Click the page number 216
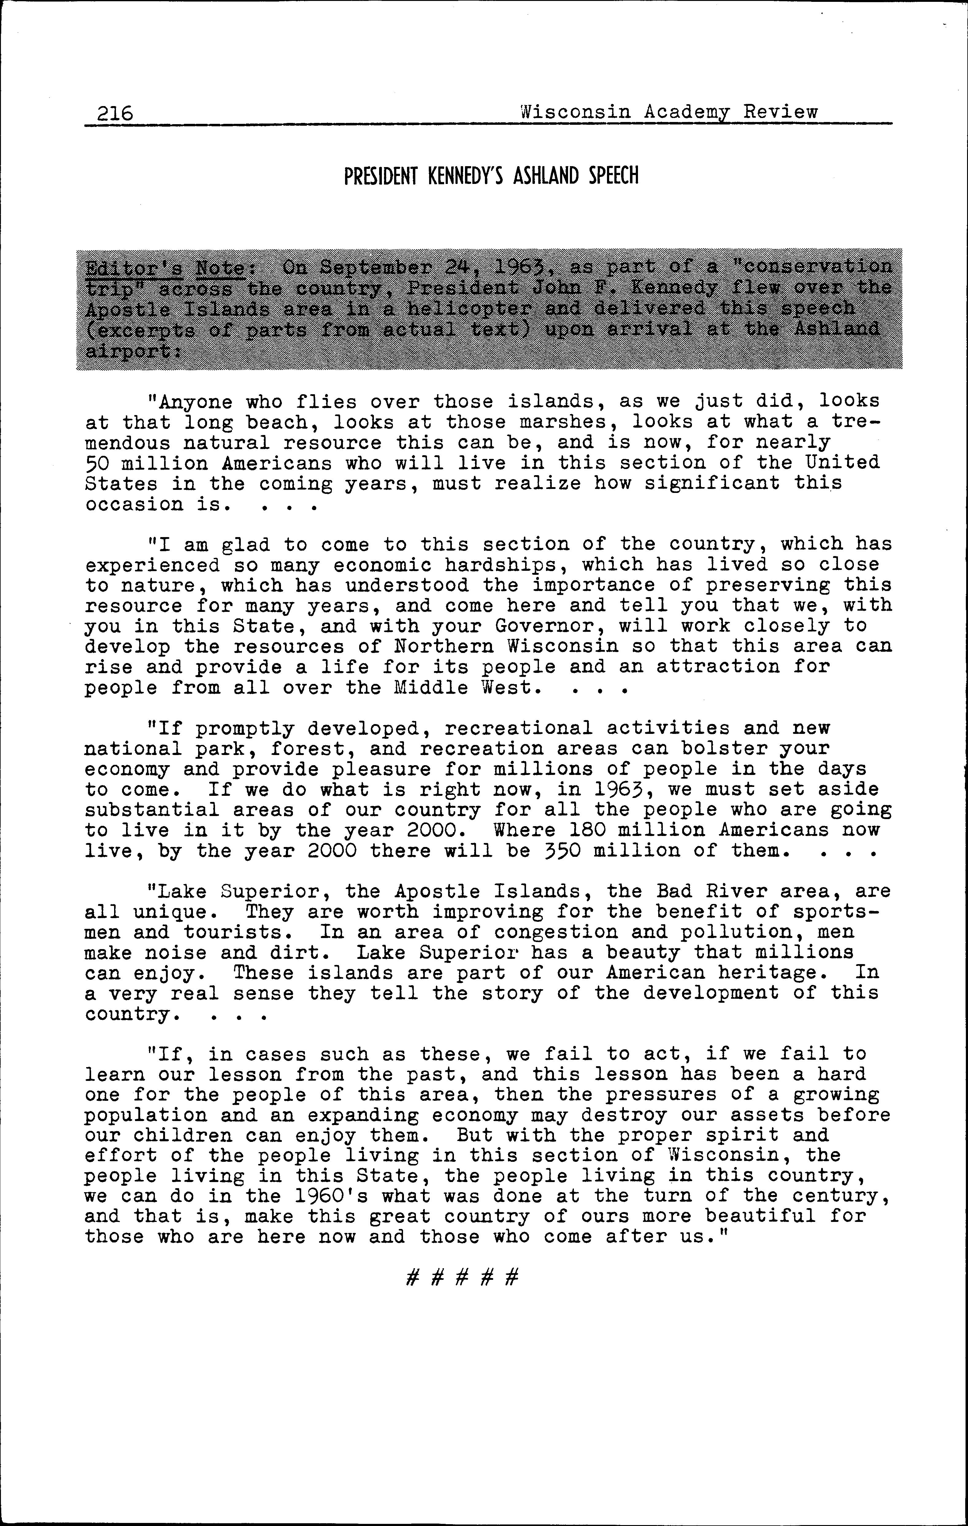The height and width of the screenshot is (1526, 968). pos(115,113)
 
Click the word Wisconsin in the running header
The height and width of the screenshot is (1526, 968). pos(575,112)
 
